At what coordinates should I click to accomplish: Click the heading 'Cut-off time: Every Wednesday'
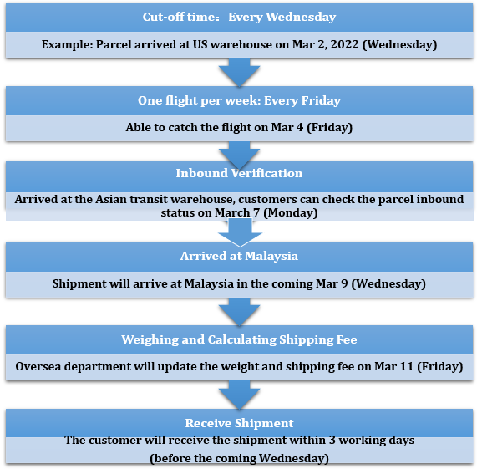coord(239,17)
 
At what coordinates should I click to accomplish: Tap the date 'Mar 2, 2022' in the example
coord(326,44)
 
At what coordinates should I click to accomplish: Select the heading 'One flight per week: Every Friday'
coord(239,100)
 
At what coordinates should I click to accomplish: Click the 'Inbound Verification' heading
coord(239,173)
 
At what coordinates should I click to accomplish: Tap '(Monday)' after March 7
coord(290,212)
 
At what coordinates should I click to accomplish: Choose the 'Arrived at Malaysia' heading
coord(239,256)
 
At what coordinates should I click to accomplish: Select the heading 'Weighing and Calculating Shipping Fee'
coord(239,339)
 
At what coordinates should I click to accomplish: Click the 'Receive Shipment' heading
coord(240,423)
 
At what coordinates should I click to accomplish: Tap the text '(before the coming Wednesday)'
coord(240,458)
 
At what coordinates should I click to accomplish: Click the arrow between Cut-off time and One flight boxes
coord(240,72)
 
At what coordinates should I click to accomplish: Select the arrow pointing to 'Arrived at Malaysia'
coord(240,232)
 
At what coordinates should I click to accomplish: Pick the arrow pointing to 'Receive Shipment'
coord(240,395)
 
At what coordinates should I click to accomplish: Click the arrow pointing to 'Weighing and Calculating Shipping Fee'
coord(240,312)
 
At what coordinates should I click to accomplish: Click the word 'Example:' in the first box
coord(67,45)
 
